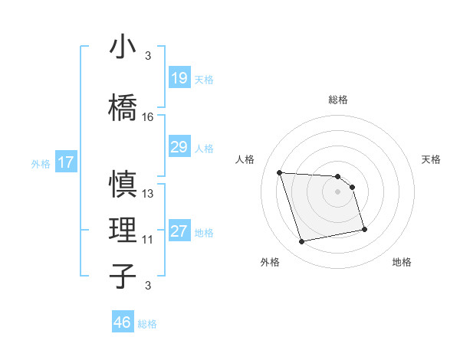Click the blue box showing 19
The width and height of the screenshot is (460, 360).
(x=179, y=78)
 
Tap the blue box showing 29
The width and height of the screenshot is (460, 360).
(x=179, y=147)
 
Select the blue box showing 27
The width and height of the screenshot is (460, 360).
(x=179, y=232)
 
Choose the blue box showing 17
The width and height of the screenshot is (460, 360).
(x=65, y=162)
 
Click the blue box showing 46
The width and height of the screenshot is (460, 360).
(x=123, y=322)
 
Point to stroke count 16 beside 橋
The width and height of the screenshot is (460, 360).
(x=148, y=117)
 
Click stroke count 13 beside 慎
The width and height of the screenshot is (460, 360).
(x=148, y=194)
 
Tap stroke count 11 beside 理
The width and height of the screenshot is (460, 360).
(x=148, y=240)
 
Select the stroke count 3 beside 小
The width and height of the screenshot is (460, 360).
(x=148, y=56)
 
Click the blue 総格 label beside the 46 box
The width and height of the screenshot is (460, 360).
(x=147, y=324)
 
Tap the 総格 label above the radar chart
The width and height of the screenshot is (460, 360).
(x=338, y=100)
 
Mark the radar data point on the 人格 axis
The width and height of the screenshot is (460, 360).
(x=280, y=172)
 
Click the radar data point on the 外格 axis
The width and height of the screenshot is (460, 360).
(x=302, y=242)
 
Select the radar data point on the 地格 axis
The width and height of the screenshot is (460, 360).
(x=364, y=229)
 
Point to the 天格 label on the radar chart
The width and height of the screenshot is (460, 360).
(x=432, y=159)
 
